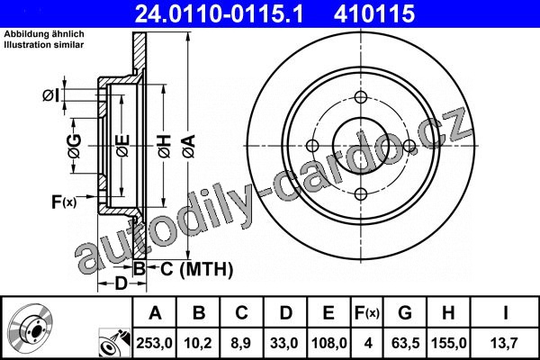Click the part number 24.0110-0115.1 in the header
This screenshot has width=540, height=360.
pos(219,13)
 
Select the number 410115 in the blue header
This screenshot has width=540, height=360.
pos(374,13)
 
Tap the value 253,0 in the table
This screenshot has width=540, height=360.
pos(154,343)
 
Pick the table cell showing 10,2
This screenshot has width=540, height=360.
pos(198,343)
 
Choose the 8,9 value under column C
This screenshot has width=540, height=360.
pos(241,343)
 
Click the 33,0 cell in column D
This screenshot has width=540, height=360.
pos(284,343)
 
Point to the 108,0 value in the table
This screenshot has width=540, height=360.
pos(328,343)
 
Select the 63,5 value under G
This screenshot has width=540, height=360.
pos(405,343)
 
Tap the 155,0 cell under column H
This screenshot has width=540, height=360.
pos(449,343)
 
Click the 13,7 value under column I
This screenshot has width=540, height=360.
pos(504,343)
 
